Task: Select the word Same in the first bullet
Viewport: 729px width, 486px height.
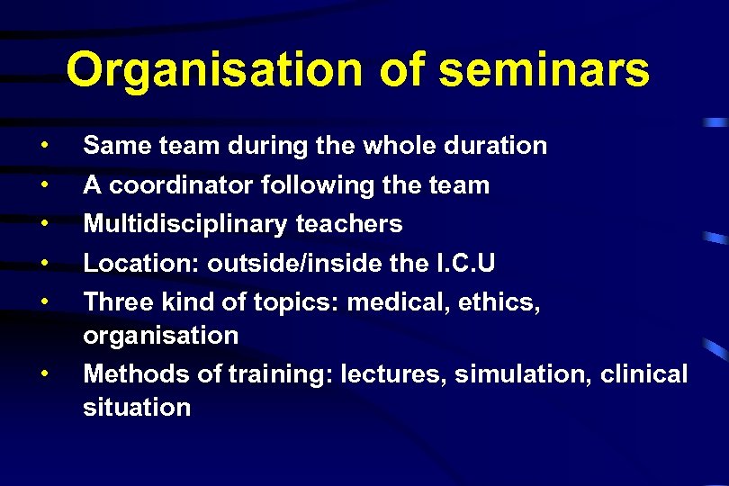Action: [110, 146]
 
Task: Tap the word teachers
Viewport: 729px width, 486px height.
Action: [350, 224]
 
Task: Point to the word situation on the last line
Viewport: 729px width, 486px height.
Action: [137, 407]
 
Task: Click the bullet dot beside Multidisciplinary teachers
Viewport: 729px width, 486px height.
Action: [43, 222]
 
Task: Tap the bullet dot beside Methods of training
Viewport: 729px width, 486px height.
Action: [43, 371]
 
